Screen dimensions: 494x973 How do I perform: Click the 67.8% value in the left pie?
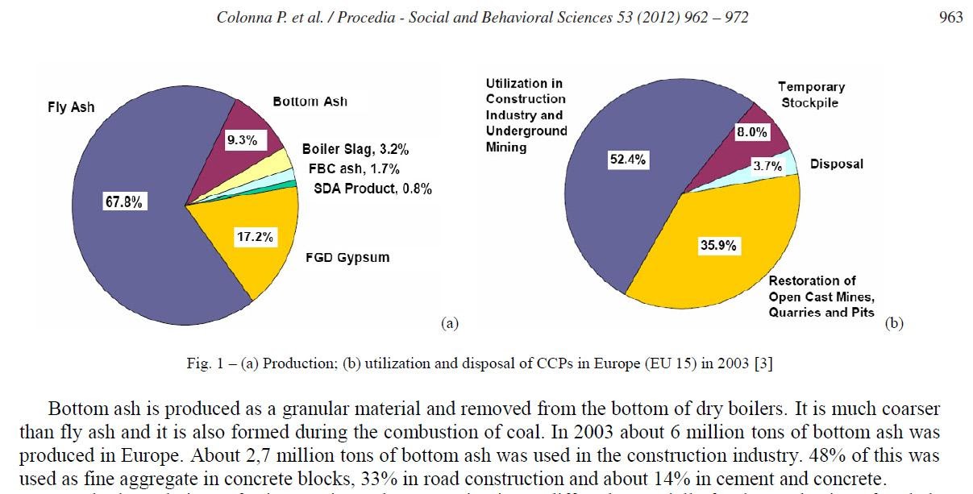pos(123,202)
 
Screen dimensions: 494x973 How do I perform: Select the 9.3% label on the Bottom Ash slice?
pos(242,140)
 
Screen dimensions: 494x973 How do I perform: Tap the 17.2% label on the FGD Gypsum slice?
pos(255,237)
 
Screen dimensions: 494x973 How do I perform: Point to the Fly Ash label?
pos(71,107)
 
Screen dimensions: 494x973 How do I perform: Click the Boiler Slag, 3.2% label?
pos(355,149)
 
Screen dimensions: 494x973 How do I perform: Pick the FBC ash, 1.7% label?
pos(354,169)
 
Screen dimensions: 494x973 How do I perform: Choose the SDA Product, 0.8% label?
pos(372,189)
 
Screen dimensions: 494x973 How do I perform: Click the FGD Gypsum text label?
pos(347,258)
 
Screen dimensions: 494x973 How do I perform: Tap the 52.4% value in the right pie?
pos(627,160)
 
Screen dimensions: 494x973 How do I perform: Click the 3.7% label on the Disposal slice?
pos(767,166)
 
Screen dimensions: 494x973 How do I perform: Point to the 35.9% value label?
pos(717,245)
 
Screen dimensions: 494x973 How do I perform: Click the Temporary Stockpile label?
pos(810,94)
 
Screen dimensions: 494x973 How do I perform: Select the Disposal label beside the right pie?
pos(836,164)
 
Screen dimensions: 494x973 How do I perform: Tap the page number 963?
pos(951,17)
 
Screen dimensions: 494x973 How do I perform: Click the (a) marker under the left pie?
pos(449,323)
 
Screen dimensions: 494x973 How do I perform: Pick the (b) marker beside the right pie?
pos(894,323)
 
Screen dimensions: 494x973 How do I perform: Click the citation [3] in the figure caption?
pos(763,363)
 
